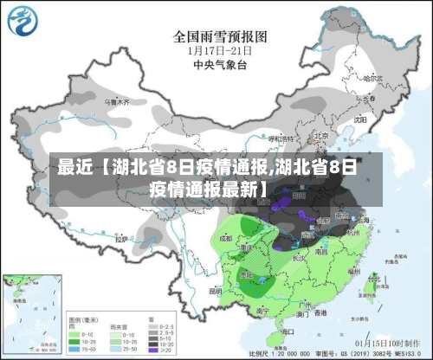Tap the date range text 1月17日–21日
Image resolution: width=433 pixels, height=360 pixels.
216,50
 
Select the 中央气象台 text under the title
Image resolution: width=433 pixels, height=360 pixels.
216,64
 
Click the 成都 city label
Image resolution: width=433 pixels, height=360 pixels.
227,236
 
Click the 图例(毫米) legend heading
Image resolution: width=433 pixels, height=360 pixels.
82,318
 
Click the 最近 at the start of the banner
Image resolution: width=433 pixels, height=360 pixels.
72,168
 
